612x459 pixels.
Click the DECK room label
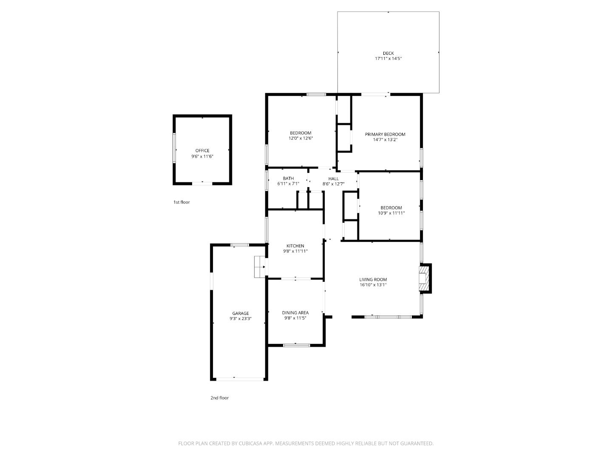388,53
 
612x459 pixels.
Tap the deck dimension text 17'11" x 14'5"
388,59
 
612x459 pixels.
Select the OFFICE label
202,150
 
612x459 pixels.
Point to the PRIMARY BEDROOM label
385,134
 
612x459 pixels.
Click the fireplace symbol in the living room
425,278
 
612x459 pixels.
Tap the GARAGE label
241,313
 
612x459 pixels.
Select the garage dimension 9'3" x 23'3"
241,319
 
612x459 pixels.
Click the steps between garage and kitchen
259,267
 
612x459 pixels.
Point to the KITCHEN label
295,246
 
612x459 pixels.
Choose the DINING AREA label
295,313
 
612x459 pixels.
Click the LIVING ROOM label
373,280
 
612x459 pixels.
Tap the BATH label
288,178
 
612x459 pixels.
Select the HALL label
334,178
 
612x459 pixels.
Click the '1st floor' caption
181,202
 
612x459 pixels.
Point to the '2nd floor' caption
219,398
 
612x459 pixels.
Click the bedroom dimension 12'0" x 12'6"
300,138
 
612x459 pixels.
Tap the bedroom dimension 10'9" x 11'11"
391,213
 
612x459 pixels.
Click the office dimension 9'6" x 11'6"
202,156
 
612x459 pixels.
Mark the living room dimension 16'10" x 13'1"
373,285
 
